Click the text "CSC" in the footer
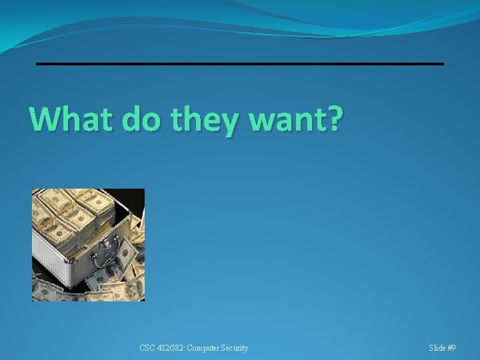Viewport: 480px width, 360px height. tap(147, 348)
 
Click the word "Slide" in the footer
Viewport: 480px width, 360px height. tap(438, 348)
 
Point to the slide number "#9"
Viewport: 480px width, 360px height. tap(452, 348)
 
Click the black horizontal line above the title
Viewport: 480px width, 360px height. tap(239, 63)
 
